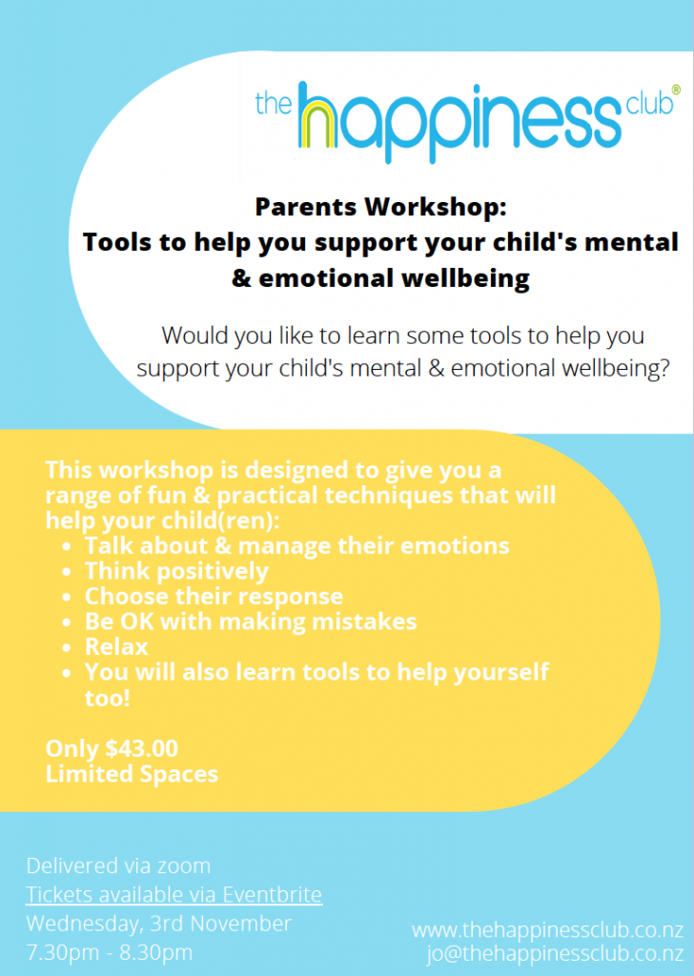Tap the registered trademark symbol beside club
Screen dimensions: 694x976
[x=676, y=90]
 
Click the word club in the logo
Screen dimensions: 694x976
[x=649, y=103]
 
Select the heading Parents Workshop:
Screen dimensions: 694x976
[x=381, y=207]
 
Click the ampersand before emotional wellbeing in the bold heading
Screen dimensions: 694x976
[x=241, y=278]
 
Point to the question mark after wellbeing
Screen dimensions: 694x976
[x=663, y=368]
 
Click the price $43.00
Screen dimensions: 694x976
[x=142, y=748]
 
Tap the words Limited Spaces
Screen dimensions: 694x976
[x=132, y=774]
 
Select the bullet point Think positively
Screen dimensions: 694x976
[x=176, y=572]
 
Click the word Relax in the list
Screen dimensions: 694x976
[x=116, y=647]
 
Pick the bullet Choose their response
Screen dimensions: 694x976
[x=214, y=597]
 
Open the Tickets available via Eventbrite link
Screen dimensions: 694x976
[x=174, y=894]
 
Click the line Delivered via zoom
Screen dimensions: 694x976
[x=118, y=865]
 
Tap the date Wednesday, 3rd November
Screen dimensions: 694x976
[x=158, y=924]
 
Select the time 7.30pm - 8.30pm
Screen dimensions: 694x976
[x=110, y=952]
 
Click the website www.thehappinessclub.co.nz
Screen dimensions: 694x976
[x=548, y=930]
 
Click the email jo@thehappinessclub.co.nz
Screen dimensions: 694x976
[x=555, y=953]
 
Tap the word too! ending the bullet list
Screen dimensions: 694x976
[x=107, y=698]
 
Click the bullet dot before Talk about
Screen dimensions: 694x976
[x=67, y=547]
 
